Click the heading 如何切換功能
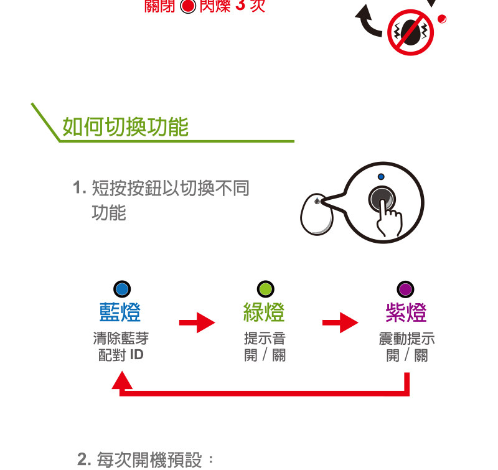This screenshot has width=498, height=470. tap(125, 127)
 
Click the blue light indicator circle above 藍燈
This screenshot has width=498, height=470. tap(122, 289)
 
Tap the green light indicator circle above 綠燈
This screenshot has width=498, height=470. tap(265, 289)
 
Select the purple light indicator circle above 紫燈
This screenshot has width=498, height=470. tap(406, 289)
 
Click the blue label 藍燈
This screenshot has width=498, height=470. tap(120, 313)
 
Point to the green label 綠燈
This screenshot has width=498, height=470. tap(264, 313)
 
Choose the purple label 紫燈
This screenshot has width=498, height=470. tap(406, 313)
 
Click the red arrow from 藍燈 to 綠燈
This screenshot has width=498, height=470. tap(197, 322)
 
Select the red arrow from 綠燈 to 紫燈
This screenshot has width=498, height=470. tap(340, 322)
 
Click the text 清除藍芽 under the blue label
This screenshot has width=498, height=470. tap(121, 339)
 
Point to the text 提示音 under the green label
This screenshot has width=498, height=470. tap(265, 339)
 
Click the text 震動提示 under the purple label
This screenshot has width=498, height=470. tap(406, 339)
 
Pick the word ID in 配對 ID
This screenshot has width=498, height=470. tap(137, 355)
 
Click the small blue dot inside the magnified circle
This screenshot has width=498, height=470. tap(381, 177)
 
